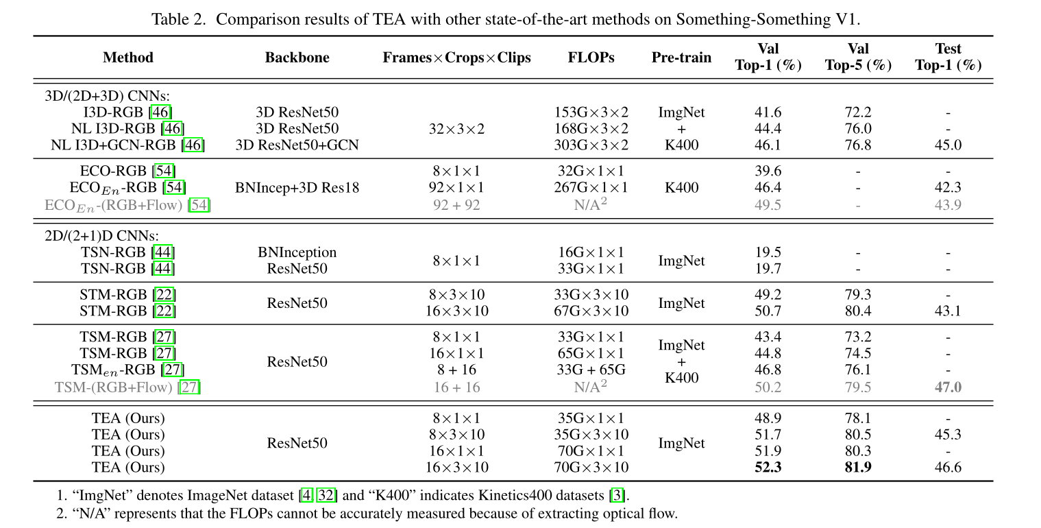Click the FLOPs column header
pos(591,58)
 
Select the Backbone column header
pos(297,58)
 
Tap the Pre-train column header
pos(681,58)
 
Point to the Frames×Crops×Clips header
pos(456,58)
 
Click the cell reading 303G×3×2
pos(591,145)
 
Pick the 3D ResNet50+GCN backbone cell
pos(297,145)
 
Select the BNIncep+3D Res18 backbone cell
pos(297,187)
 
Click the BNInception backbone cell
pos(297,252)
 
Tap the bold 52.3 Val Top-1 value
pos(768,467)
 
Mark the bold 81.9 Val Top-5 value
pos(857,467)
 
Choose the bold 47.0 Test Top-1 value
pos(948,387)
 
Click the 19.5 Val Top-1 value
pos(768,252)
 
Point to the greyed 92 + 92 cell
pos(456,204)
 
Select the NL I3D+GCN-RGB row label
pos(127,145)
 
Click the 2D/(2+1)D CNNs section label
pos(101,236)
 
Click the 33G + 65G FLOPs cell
pos(591,370)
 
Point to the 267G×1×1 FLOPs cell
pos(591,187)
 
